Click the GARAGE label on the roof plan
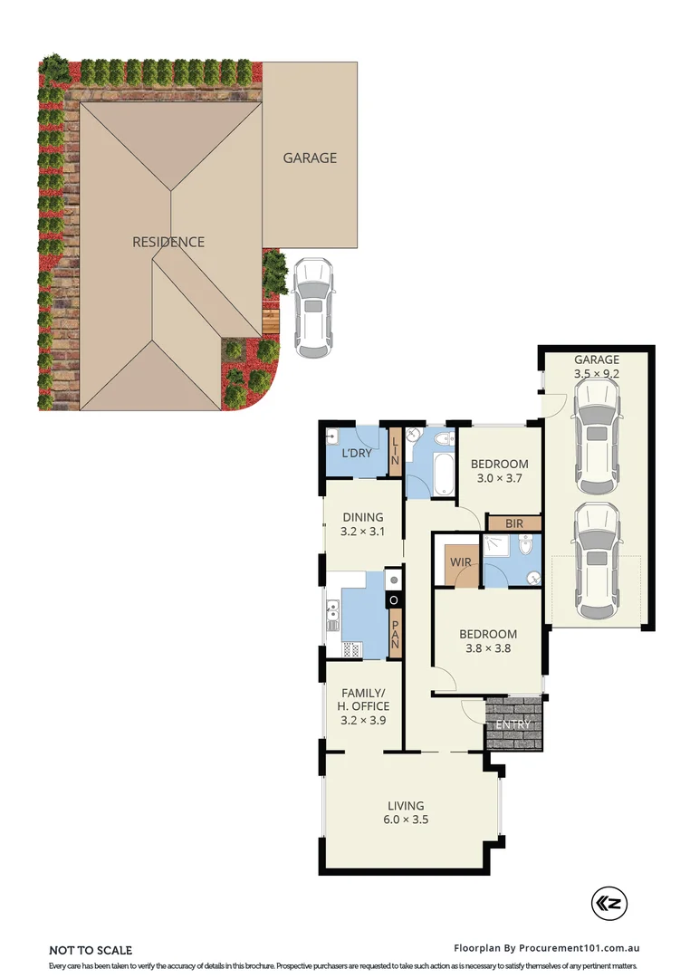tap(310, 158)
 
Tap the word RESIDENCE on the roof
tap(168, 242)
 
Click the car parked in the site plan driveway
tap(312, 308)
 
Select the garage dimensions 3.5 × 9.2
tap(596, 372)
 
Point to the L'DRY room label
tap(355, 453)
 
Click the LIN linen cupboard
tap(395, 452)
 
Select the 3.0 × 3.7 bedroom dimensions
tap(499, 478)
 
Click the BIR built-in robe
tap(513, 523)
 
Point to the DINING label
tap(362, 518)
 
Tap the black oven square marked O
tap(394, 599)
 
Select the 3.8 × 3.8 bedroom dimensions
tap(487, 649)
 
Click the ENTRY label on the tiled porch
tap(513, 724)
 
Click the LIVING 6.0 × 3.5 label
tap(406, 812)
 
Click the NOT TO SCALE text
tap(91, 950)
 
